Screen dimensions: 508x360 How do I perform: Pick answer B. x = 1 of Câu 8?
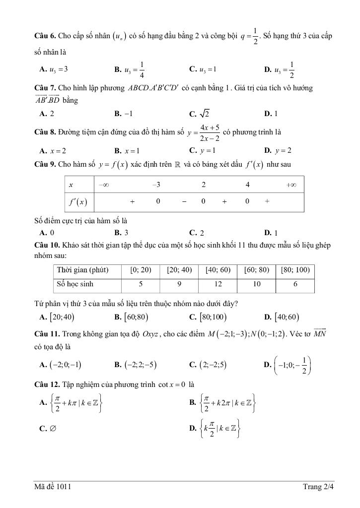coord(127,150)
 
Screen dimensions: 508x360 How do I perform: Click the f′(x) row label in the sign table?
coord(78,202)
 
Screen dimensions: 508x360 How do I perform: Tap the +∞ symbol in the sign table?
coord(291,185)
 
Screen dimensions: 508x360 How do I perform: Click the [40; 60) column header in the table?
coord(216,270)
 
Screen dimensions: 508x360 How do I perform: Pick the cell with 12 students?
coord(216,284)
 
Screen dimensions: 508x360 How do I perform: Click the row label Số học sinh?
coord(75,284)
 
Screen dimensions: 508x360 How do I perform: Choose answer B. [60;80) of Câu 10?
coord(132,317)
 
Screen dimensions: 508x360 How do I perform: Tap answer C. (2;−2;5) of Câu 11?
coord(208,365)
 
